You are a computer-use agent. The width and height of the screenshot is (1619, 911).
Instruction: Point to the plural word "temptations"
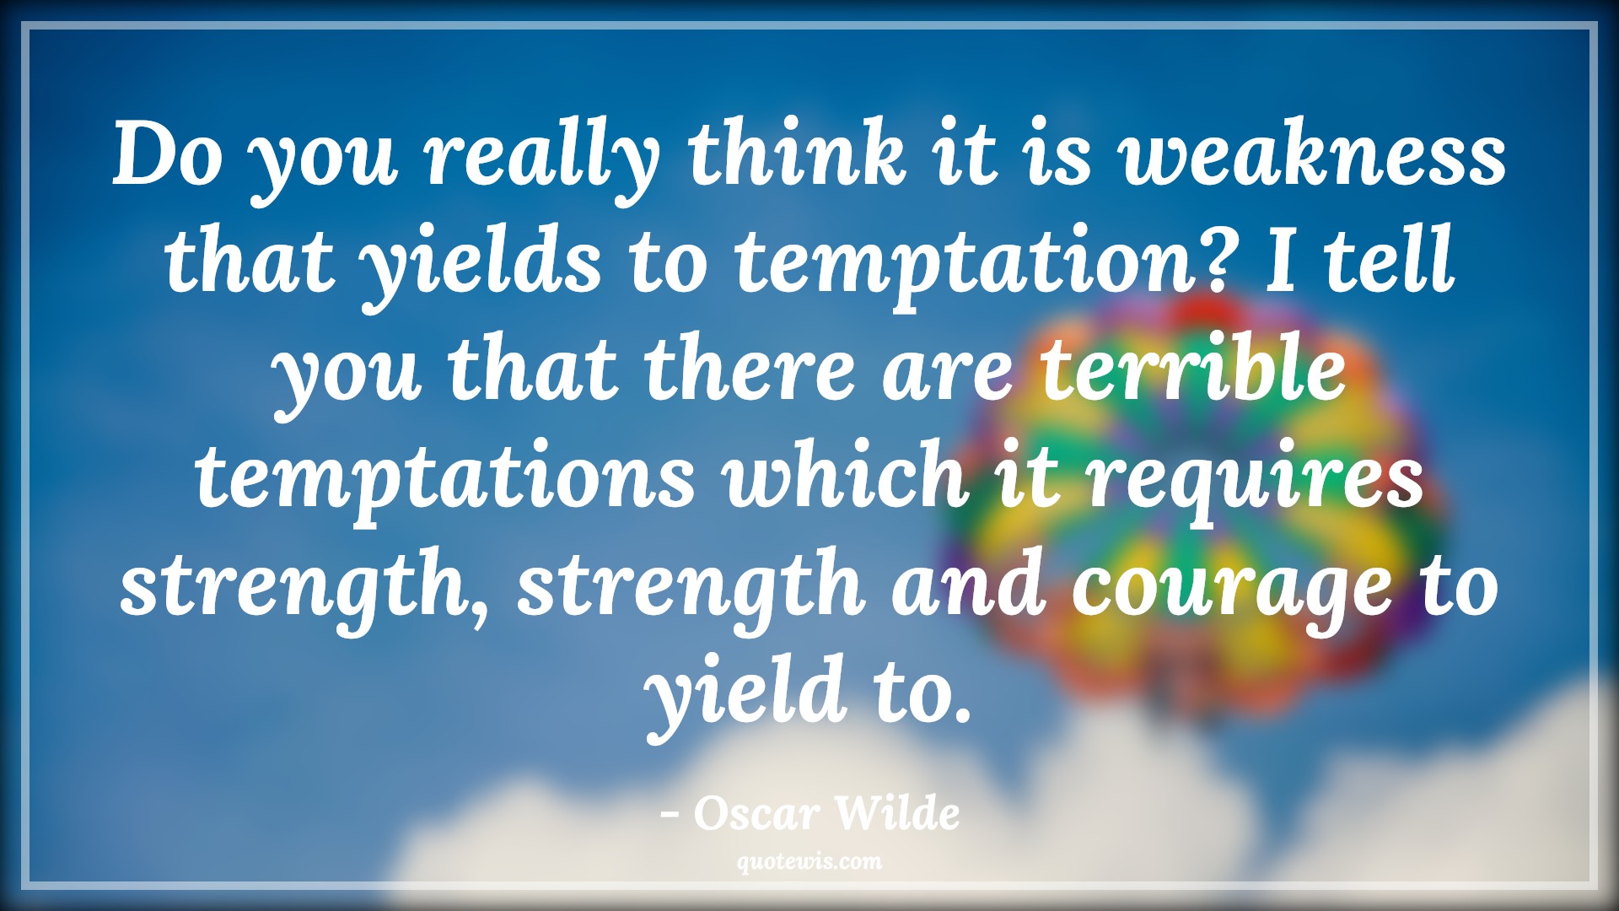446,478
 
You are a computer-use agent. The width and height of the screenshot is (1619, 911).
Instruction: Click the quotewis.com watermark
809,861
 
